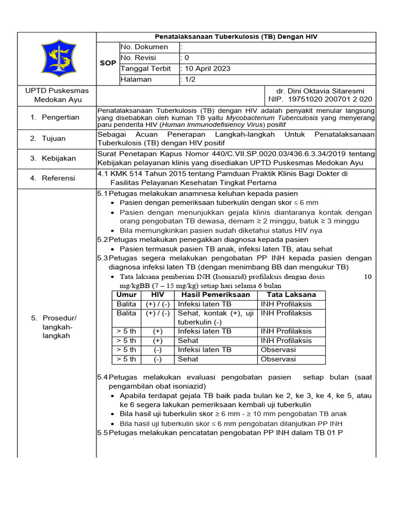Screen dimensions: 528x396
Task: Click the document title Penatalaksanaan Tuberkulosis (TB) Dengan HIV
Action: pyautogui.click(x=237, y=37)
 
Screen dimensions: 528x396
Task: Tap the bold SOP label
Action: pyautogui.click(x=108, y=63)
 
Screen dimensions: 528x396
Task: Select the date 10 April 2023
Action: pyautogui.click(x=207, y=69)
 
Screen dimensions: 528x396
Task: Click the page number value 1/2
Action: pyautogui.click(x=190, y=79)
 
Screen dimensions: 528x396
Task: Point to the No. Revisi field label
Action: pyautogui.click(x=138, y=58)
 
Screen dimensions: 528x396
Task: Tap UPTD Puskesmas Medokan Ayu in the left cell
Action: pyautogui.click(x=57, y=95)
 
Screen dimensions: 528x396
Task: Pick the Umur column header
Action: pyautogui.click(x=126, y=294)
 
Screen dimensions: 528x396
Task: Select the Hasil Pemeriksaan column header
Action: pyautogui.click(x=216, y=294)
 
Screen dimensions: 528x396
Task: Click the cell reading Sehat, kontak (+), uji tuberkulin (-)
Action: pyautogui.click(x=216, y=317)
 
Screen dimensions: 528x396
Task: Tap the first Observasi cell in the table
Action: pyautogui.click(x=278, y=350)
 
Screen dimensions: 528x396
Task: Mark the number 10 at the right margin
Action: pyautogui.click(x=368, y=276)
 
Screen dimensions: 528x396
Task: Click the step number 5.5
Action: pyautogui.click(x=102, y=432)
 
